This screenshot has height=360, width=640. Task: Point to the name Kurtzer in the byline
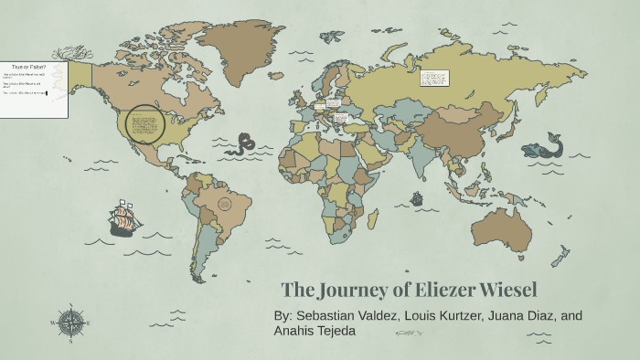click(x=466, y=315)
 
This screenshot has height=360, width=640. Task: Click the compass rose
click(x=69, y=321)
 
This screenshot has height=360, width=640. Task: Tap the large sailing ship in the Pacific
click(x=123, y=218)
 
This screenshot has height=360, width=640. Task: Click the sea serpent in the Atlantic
click(x=244, y=143)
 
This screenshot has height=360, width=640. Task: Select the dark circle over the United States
click(x=144, y=123)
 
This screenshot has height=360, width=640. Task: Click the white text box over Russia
click(x=432, y=77)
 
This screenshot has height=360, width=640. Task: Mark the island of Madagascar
click(x=374, y=220)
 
